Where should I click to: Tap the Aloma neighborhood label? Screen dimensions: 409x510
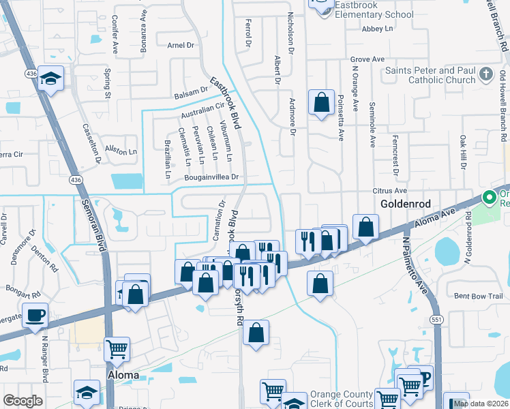point(123,376)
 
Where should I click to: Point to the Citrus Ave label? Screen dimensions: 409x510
point(389,191)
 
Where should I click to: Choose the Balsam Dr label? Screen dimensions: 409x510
point(190,91)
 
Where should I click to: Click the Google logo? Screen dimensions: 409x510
point(22,401)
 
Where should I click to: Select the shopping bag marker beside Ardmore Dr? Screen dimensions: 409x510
point(321,104)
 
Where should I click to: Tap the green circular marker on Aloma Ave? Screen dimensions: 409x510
point(489,198)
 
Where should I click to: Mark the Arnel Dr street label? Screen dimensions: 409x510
point(181,46)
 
